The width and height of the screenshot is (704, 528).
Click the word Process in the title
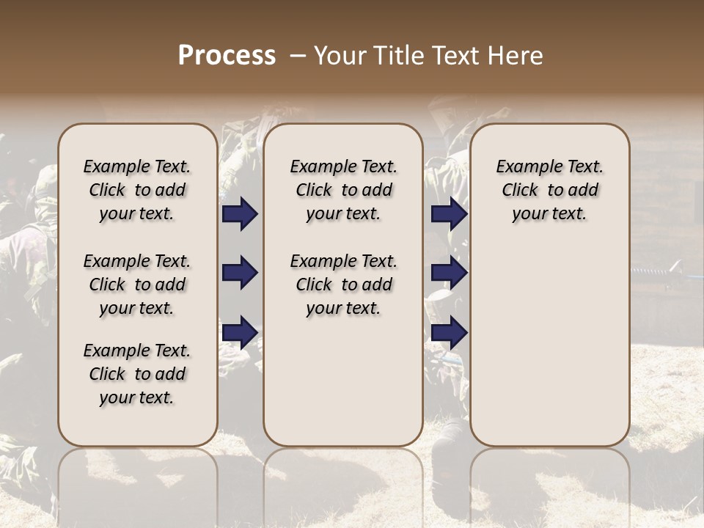click(227, 56)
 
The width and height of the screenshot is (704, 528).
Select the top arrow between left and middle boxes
click(240, 214)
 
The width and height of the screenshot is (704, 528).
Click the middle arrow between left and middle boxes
click(240, 274)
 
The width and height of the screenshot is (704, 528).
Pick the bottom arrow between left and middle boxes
click(240, 332)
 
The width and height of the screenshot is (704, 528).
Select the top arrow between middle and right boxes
click(449, 214)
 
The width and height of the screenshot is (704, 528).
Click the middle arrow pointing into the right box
click(449, 274)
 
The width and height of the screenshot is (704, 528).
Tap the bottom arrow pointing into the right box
click(449, 332)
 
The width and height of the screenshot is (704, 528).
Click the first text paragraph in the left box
click(136, 190)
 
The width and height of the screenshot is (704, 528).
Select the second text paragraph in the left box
click(136, 285)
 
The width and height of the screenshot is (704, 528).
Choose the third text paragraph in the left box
click(136, 374)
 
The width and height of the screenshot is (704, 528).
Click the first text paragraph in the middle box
click(343, 190)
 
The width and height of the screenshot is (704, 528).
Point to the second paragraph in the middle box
click(343, 285)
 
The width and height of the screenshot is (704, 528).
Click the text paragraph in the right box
click(549, 190)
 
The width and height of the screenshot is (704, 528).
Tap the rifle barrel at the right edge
click(664, 273)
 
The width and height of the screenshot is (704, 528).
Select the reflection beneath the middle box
click(343, 477)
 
